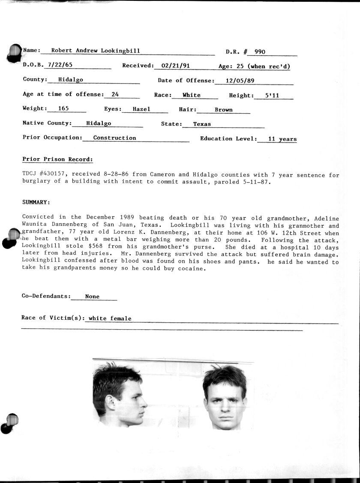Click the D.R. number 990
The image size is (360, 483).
(x=260, y=52)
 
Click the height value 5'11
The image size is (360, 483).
(x=272, y=96)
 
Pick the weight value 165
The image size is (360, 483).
(x=63, y=108)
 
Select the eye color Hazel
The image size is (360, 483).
(x=141, y=109)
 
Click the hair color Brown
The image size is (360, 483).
(x=224, y=110)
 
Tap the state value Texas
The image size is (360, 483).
(x=202, y=124)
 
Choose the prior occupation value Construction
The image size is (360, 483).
(x=114, y=138)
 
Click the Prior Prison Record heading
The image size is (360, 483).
(x=57, y=159)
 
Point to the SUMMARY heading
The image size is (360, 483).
(x=36, y=202)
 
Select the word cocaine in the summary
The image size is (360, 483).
(x=192, y=269)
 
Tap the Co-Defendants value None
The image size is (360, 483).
(x=92, y=297)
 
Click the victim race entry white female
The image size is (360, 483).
(x=110, y=318)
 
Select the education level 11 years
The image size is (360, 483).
(x=282, y=139)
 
